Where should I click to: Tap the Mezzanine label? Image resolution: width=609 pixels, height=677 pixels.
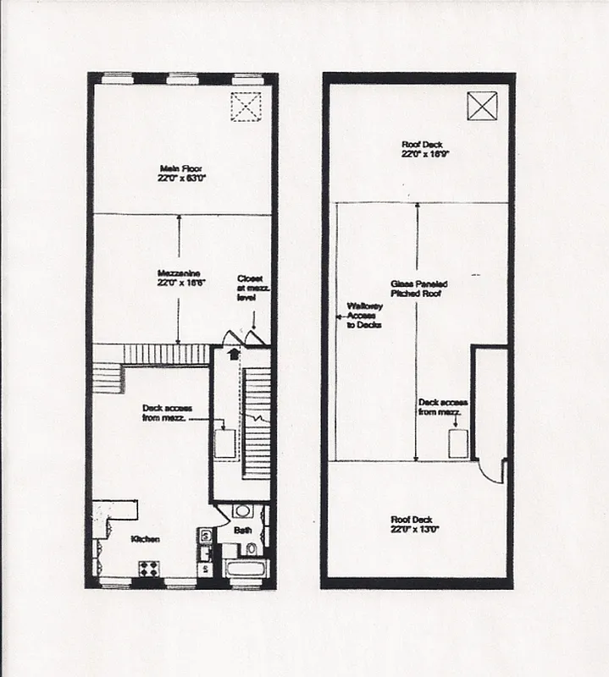tap(178, 278)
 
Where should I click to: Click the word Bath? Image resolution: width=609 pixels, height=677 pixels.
tap(243, 531)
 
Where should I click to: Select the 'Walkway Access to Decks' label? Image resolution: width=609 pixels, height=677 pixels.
tap(364, 316)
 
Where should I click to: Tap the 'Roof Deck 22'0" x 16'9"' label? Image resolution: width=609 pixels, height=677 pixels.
tap(422, 150)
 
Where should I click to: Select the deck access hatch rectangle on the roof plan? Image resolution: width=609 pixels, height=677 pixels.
tap(458, 443)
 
